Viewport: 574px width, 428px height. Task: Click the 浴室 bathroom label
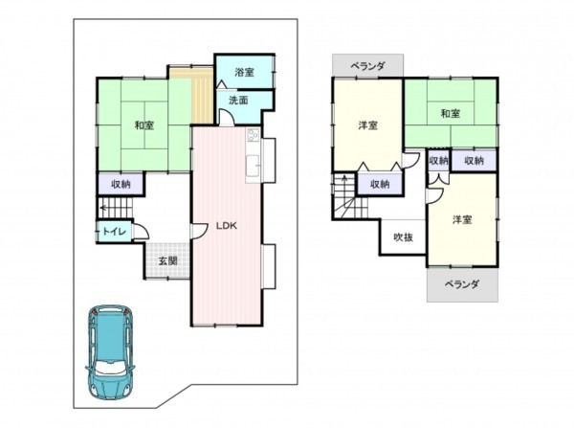pyautogui.click(x=244, y=72)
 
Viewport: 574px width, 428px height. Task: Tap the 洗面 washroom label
pyautogui.click(x=239, y=100)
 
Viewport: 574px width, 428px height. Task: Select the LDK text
pyautogui.click(x=226, y=226)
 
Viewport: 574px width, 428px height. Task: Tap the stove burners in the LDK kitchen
pyautogui.click(x=253, y=135)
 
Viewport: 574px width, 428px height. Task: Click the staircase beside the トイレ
pyautogui.click(x=119, y=208)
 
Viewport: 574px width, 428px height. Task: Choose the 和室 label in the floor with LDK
pyautogui.click(x=143, y=124)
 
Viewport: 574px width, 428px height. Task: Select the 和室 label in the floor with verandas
pyautogui.click(x=449, y=113)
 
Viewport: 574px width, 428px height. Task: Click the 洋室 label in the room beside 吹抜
pyautogui.click(x=462, y=219)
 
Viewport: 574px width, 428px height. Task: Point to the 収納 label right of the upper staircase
pyautogui.click(x=379, y=184)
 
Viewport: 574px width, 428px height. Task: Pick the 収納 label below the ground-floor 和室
pyautogui.click(x=120, y=184)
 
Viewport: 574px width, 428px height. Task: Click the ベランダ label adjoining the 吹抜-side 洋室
pyautogui.click(x=462, y=284)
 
